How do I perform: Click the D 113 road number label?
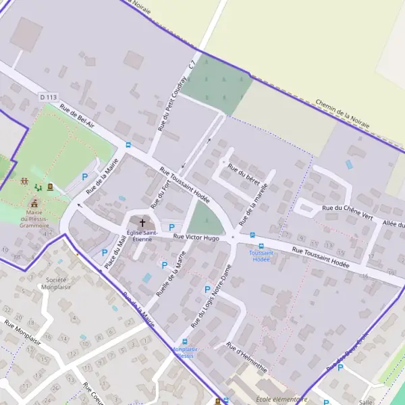48,97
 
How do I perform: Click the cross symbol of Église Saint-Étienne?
142,222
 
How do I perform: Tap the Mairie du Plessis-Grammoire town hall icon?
34,202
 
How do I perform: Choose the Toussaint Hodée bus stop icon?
252,235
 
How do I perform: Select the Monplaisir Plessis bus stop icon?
185,342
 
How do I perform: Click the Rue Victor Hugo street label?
196,238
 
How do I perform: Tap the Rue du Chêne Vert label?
348,213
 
